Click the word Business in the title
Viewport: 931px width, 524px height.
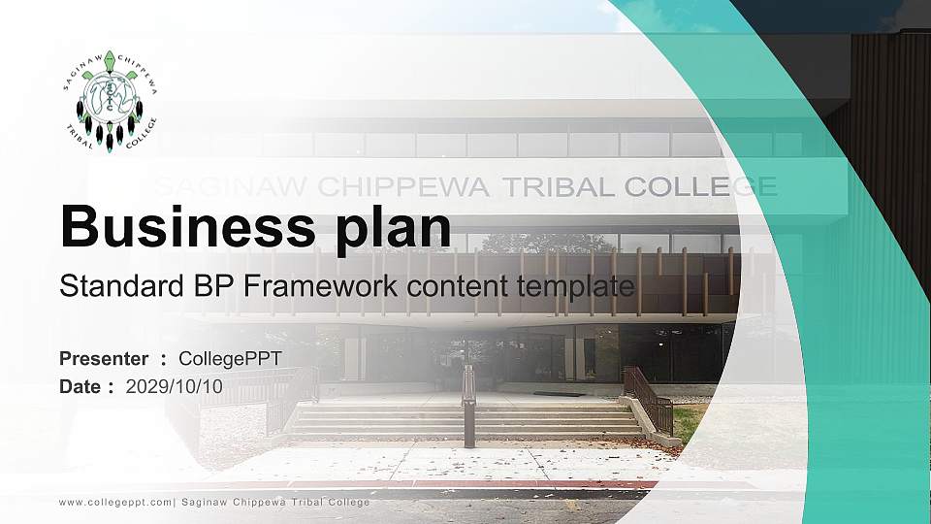pyautogui.click(x=178, y=227)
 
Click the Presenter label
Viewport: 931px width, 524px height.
pyautogui.click(x=104, y=359)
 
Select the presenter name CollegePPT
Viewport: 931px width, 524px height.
pyautogui.click(x=231, y=359)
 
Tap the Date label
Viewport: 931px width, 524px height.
pyautogui.click(x=80, y=386)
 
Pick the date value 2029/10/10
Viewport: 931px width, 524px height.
pyautogui.click(x=175, y=386)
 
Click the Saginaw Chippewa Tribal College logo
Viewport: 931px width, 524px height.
pyautogui.click(x=109, y=100)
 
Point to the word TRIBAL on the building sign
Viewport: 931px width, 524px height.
pyautogui.click(x=542, y=186)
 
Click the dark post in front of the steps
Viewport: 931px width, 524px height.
pyautogui.click(x=469, y=417)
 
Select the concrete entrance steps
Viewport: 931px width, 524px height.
pyautogui.click(x=465, y=419)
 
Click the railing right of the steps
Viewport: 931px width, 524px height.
pyautogui.click(x=648, y=398)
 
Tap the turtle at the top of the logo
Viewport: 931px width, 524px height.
pyautogui.click(x=109, y=61)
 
